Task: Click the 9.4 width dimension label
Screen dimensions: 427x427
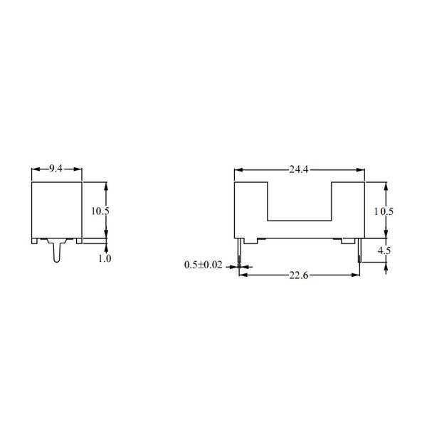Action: point(57,169)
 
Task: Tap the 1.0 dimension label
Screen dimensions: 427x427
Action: point(104,258)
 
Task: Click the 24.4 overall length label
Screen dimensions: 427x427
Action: point(299,169)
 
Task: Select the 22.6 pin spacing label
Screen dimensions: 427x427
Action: point(299,276)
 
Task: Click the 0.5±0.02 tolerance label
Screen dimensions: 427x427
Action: point(204,265)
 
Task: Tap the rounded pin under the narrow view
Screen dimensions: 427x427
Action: point(56,253)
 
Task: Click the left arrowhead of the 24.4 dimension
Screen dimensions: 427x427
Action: point(238,171)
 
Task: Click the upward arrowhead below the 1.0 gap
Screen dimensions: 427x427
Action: point(106,248)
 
